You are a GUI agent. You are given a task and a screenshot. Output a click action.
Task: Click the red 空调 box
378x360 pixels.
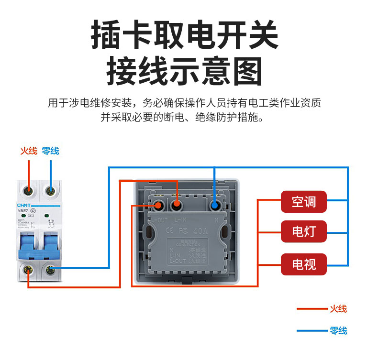coord(304,202)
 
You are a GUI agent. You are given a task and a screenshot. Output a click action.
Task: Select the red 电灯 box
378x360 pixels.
coord(304,232)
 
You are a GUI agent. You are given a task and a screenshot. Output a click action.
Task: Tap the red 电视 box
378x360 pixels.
coord(304,264)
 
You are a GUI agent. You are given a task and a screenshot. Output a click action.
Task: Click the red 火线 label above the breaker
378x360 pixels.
coord(28,151)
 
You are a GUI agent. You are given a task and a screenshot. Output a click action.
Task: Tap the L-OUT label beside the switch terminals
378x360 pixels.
coord(159,220)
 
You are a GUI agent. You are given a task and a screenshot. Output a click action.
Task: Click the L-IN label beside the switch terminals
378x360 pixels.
coord(181,220)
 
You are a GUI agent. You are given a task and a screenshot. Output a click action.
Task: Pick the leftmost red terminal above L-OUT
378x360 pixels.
coord(158,206)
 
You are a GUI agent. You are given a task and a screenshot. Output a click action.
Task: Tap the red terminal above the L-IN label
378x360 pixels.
coord(176,206)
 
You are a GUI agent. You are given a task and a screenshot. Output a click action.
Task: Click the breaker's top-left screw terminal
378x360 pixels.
coord(29,191)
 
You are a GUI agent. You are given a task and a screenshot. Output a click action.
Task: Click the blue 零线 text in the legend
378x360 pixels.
coord(338,330)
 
